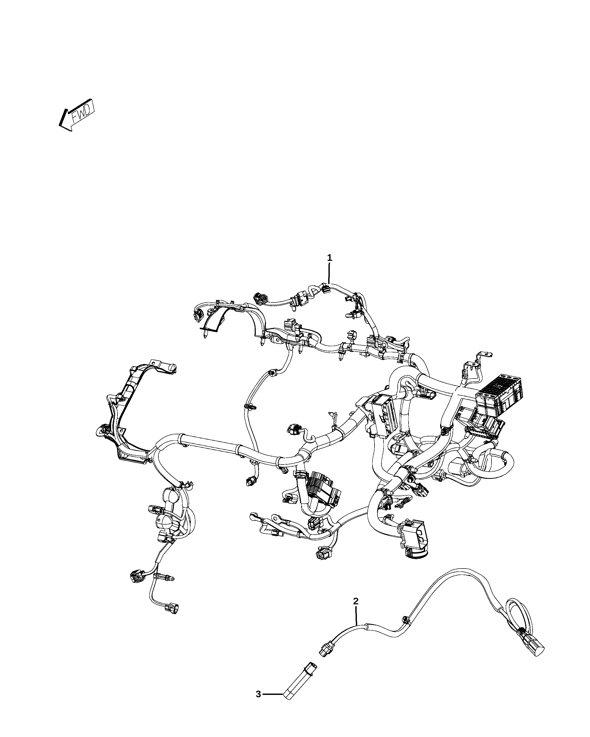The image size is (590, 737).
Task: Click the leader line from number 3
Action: tap(273, 694)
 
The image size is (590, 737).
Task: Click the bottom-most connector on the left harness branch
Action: tap(172, 610)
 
